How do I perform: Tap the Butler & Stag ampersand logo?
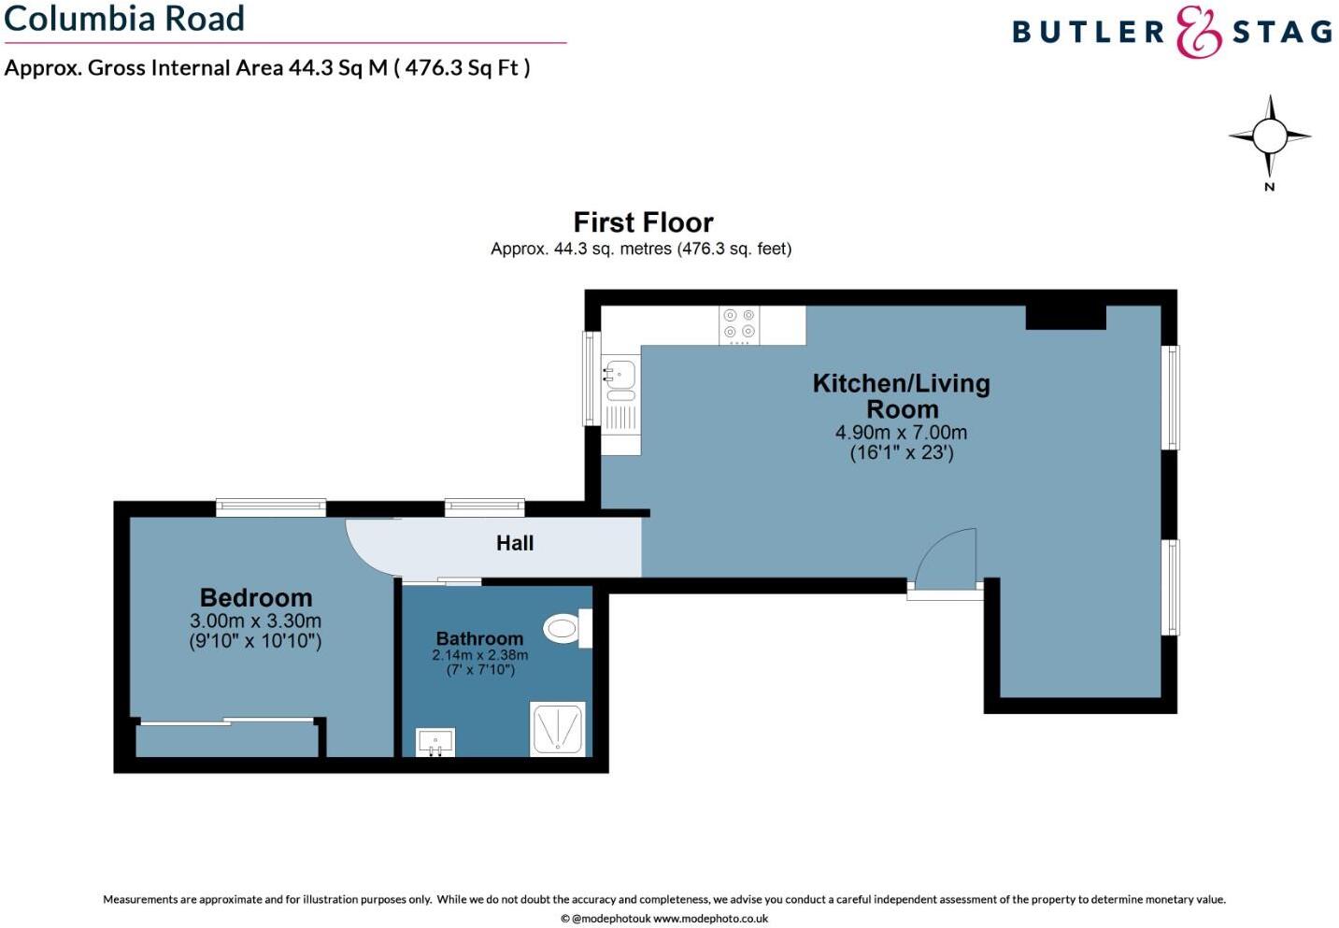(1199, 33)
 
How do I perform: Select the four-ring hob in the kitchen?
(739, 324)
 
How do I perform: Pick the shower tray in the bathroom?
(558, 728)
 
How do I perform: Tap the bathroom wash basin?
(435, 742)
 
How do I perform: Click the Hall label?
(515, 543)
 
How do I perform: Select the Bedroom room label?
(256, 597)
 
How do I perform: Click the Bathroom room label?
(479, 638)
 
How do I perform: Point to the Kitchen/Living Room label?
(902, 395)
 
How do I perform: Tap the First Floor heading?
(643, 222)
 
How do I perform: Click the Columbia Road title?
(124, 19)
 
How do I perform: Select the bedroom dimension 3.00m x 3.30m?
(255, 621)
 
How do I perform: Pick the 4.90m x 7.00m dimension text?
(901, 433)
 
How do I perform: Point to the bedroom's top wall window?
(271, 507)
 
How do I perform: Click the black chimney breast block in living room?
(1065, 317)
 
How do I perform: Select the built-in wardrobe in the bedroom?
(227, 738)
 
